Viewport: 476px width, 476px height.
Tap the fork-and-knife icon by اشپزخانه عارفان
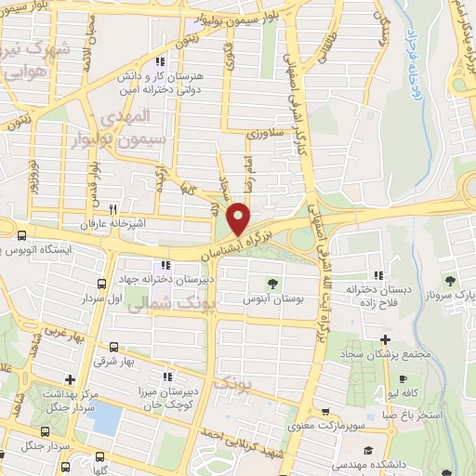113,209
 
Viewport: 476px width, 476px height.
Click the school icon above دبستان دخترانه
378,275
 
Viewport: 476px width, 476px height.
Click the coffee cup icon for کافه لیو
403,378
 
